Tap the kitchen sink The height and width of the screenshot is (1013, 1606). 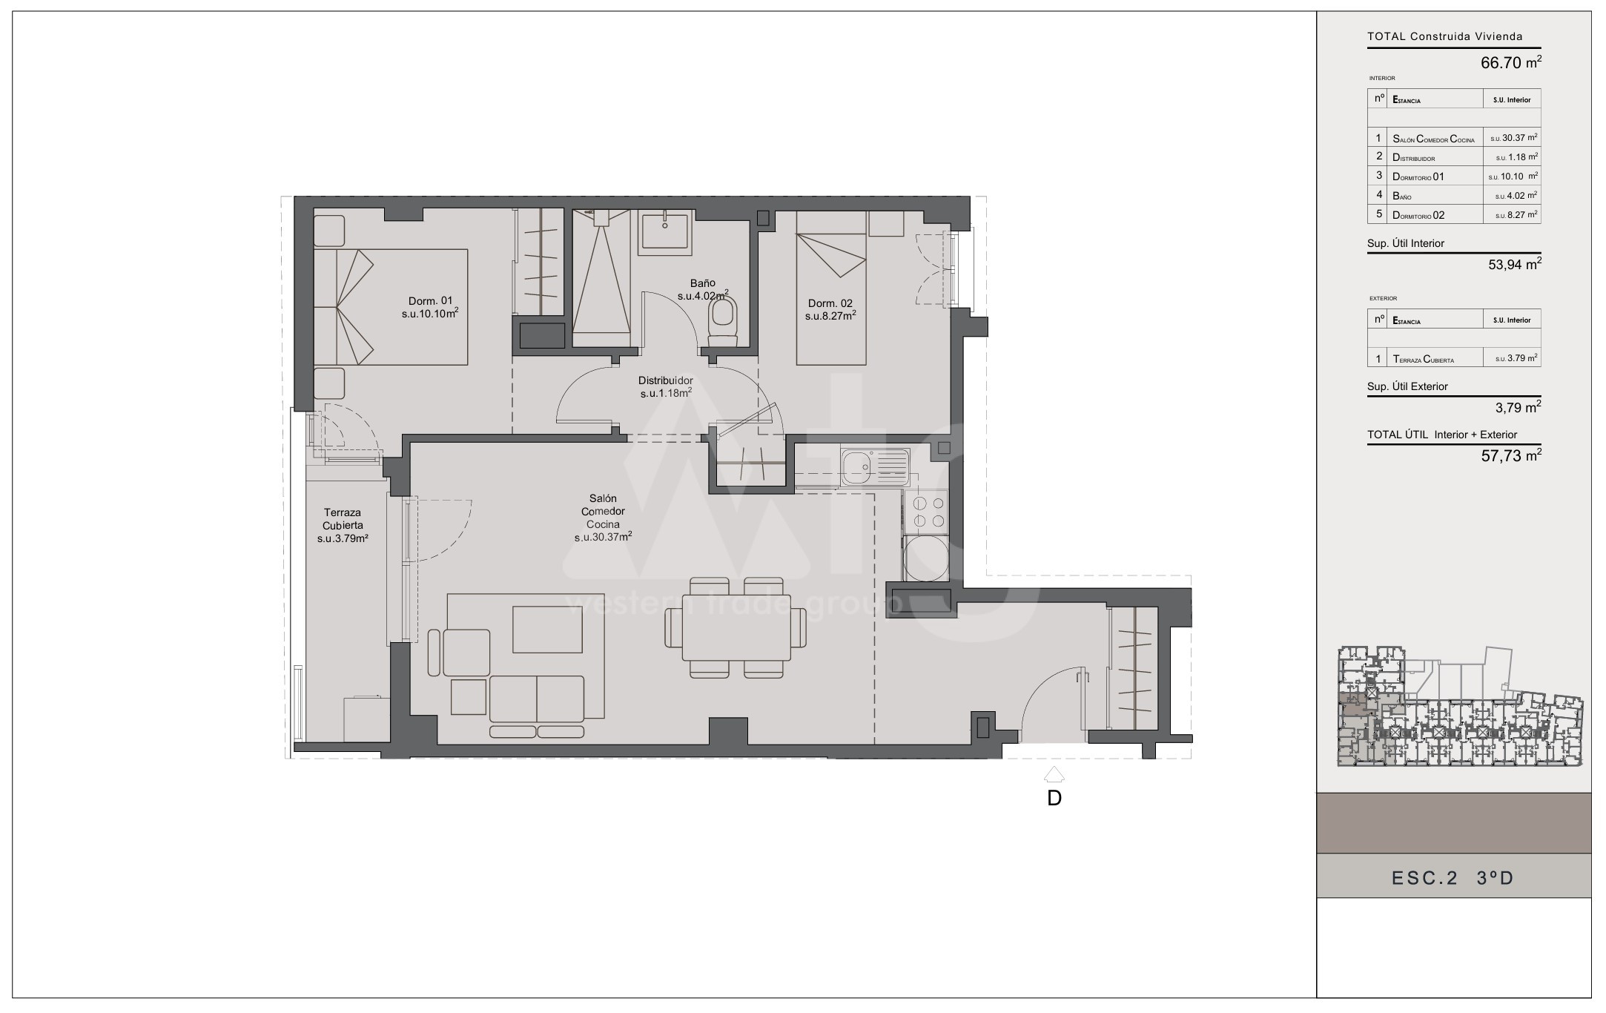(874, 467)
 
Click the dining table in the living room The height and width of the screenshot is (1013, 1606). (736, 627)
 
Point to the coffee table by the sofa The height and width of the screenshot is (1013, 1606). (547, 629)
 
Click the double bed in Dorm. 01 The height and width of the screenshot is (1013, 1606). (391, 307)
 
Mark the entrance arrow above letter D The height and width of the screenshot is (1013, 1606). (1054, 775)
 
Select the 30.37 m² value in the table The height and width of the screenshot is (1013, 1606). (1513, 138)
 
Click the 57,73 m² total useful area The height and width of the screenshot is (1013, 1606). (1510, 455)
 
